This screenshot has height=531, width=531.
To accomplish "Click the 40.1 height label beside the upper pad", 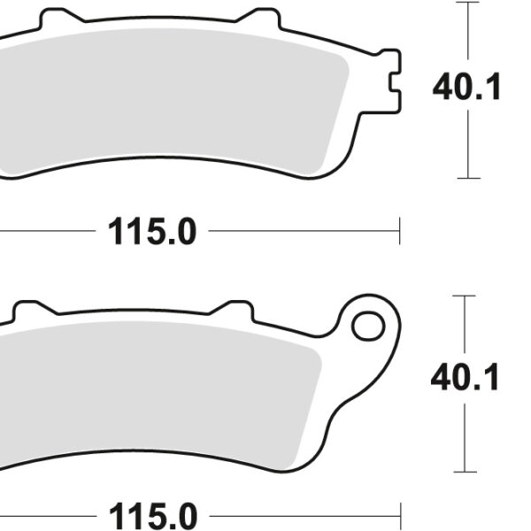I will (x=466, y=88).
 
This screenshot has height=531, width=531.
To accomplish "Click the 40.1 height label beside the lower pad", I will (x=465, y=378).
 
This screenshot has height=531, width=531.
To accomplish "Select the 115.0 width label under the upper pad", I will (x=151, y=233).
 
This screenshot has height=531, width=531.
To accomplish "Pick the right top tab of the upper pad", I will (x=262, y=19).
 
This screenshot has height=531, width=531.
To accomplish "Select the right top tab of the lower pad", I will (x=235, y=311).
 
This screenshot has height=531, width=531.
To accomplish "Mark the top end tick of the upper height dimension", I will (x=468, y=3).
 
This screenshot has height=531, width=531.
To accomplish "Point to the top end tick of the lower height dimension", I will (x=465, y=296).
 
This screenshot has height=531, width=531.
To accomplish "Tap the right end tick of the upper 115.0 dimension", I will (x=399, y=232).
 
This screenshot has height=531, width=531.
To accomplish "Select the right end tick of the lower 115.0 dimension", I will (x=399, y=516).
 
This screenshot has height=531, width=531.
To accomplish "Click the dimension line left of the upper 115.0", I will (x=44, y=232).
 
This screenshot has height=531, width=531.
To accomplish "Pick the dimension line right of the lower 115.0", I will (x=301, y=516).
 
